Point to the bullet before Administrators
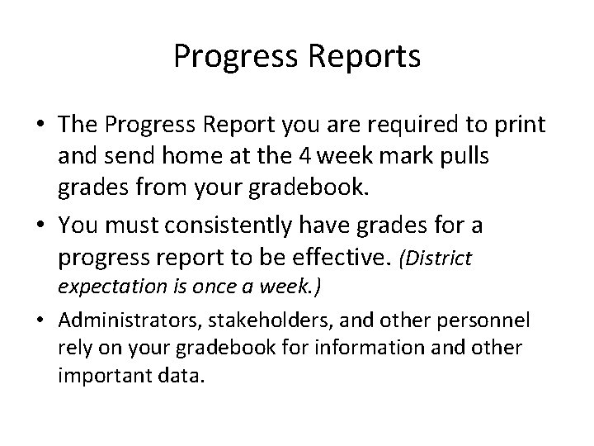pyautogui.click(x=41, y=320)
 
